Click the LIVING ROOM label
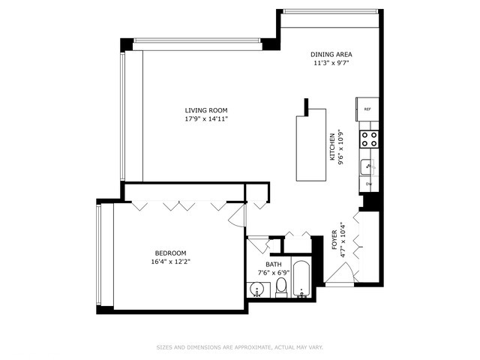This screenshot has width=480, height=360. click(206, 111)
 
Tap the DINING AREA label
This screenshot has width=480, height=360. click(331, 55)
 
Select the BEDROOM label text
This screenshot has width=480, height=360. click(170, 253)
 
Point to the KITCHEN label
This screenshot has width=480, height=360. click(332, 147)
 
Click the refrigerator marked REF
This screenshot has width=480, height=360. click(367, 109)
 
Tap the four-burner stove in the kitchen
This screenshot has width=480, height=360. click(369, 138)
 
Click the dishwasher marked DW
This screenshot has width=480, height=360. click(369, 184)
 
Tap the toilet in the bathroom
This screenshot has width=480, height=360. click(281, 287)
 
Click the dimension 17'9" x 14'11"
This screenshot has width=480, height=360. click(206, 119)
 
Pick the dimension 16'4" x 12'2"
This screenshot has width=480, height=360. click(170, 262)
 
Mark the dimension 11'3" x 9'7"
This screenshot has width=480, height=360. click(331, 63)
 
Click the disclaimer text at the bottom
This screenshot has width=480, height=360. click(240, 347)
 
